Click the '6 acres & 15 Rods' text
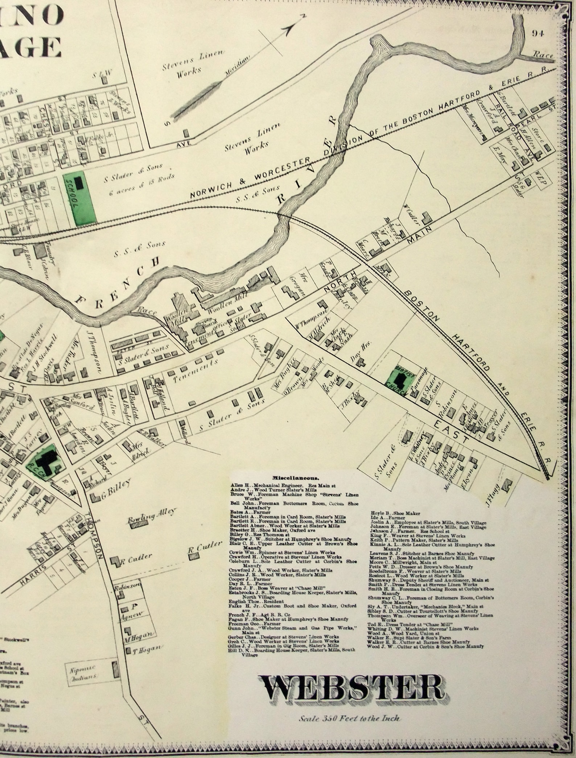point(142,184)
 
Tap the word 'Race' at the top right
point(543,55)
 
